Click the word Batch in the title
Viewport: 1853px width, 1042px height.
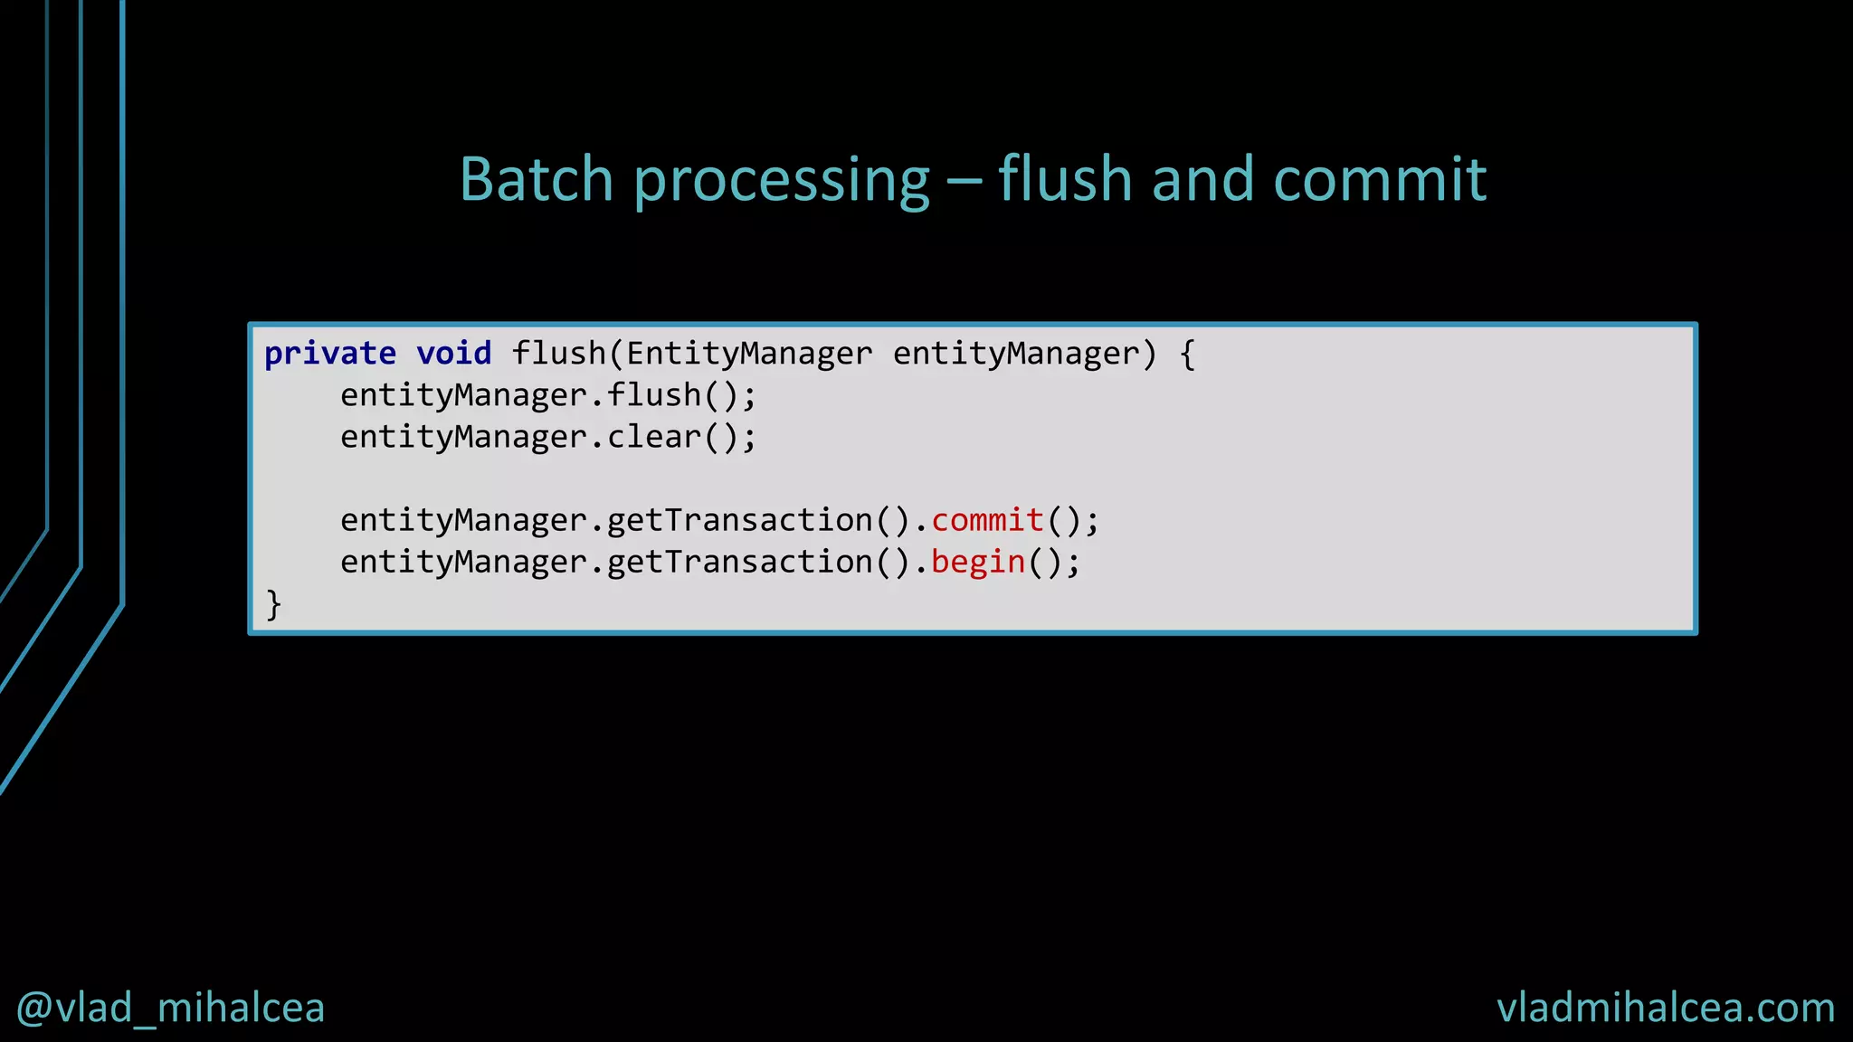click(x=537, y=179)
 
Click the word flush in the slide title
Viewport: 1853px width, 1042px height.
click(x=1064, y=179)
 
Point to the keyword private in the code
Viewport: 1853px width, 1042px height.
click(x=330, y=354)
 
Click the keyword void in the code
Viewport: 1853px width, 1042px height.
click(x=453, y=354)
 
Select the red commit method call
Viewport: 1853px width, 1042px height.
click(x=987, y=520)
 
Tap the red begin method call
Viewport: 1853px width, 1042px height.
click(x=978, y=563)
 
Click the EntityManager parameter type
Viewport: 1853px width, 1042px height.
click(x=749, y=354)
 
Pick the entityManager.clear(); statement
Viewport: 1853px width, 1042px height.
click(x=547, y=437)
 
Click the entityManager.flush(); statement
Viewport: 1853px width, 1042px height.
click(x=547, y=395)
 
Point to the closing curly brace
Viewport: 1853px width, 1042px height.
click(x=273, y=604)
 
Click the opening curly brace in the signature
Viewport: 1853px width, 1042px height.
click(x=1187, y=354)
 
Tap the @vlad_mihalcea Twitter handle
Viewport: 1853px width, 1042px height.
click(x=170, y=1008)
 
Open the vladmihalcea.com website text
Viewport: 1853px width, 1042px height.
click(x=1666, y=1008)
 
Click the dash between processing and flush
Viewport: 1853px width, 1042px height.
click(x=964, y=181)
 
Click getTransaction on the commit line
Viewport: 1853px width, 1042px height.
click(x=739, y=520)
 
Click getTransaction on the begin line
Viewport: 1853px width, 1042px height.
click(x=739, y=563)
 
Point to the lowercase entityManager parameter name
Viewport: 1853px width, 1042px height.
click(x=1015, y=354)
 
